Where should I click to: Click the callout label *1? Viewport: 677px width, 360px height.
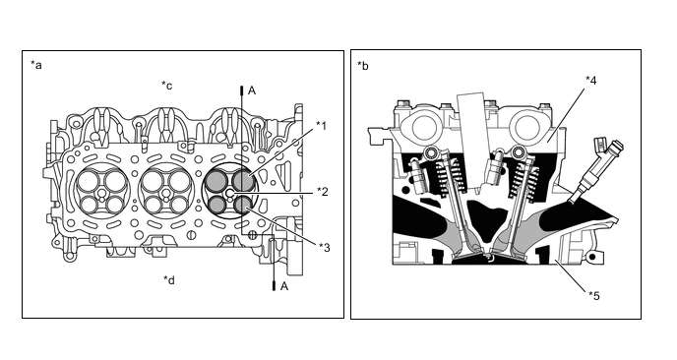(321, 126)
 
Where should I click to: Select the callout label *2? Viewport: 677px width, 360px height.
(323, 191)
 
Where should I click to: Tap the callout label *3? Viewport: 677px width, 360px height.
(325, 248)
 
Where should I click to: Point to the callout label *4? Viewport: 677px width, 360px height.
(591, 81)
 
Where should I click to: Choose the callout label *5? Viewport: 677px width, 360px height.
(594, 296)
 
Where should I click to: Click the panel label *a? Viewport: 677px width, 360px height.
(36, 65)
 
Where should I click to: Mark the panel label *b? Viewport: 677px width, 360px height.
(363, 66)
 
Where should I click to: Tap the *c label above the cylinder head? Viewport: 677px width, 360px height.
(167, 86)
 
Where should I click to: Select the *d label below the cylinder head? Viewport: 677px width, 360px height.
(169, 280)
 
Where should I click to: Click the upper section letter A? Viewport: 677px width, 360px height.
(252, 90)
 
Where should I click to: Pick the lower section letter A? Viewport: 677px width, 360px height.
(284, 286)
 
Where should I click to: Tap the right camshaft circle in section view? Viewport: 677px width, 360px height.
(523, 127)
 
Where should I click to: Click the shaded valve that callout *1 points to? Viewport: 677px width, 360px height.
(243, 180)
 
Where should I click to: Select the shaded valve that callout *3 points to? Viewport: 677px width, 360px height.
(242, 205)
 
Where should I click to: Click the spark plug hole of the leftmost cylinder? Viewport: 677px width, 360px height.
(102, 194)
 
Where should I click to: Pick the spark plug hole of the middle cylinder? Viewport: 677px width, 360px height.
(165, 194)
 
